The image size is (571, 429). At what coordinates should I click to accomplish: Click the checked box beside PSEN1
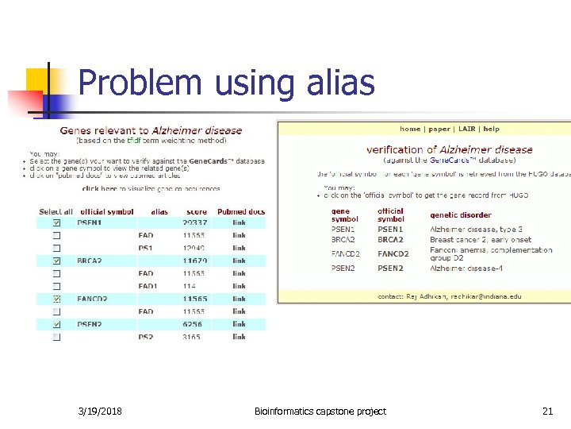coord(56,223)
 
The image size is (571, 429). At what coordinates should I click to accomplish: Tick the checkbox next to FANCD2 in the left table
coord(56,299)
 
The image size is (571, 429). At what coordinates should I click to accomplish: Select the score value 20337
coord(195,223)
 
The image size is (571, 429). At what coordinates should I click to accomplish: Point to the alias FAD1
coord(148,286)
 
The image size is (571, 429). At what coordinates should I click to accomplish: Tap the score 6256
coord(193,324)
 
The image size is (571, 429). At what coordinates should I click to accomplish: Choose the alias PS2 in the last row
coord(146,337)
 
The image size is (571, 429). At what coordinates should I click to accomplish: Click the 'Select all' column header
coord(56,211)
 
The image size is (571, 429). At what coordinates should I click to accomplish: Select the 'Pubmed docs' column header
coord(240,211)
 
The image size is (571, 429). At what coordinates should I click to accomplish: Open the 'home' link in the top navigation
coord(410,129)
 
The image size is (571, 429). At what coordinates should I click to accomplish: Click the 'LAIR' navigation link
coord(466,129)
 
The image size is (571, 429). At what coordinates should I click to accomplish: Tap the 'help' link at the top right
coord(492,129)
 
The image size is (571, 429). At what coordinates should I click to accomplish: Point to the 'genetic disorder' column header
coord(461,214)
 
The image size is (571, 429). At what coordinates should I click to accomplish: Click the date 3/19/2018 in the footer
coord(101,411)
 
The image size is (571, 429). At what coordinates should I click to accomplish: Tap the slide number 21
coord(547,411)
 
